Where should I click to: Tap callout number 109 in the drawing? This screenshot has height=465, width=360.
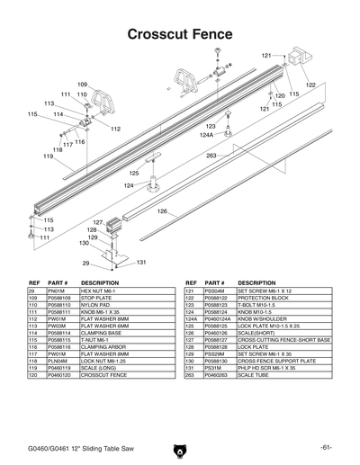pyautogui.click(x=82, y=85)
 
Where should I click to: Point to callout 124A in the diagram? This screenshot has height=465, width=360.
pyautogui.click(x=206, y=135)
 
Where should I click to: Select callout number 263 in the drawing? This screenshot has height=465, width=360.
pyautogui.click(x=211, y=156)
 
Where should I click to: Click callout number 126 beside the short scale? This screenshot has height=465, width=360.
pyautogui.click(x=163, y=211)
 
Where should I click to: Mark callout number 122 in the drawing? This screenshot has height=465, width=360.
pyautogui.click(x=310, y=85)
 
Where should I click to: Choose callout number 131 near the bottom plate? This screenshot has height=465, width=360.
pyautogui.click(x=141, y=263)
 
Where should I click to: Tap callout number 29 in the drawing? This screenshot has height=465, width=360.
pyautogui.click(x=85, y=264)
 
